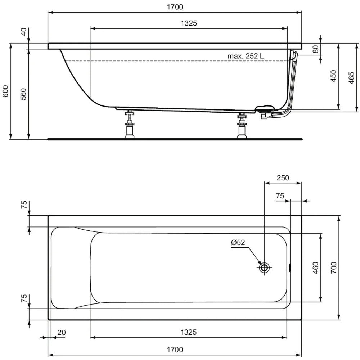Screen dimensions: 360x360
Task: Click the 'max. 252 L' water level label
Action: [246, 56]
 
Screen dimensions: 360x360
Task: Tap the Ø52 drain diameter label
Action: [238, 243]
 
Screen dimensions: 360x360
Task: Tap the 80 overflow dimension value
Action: [315, 49]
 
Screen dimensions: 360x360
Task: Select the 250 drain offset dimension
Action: [283, 178]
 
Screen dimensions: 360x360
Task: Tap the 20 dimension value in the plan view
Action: [62, 332]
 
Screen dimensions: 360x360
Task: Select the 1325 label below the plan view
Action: [189, 332]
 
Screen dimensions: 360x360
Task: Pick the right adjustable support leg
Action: [242, 126]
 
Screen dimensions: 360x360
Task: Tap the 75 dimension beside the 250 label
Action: [280, 195]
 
